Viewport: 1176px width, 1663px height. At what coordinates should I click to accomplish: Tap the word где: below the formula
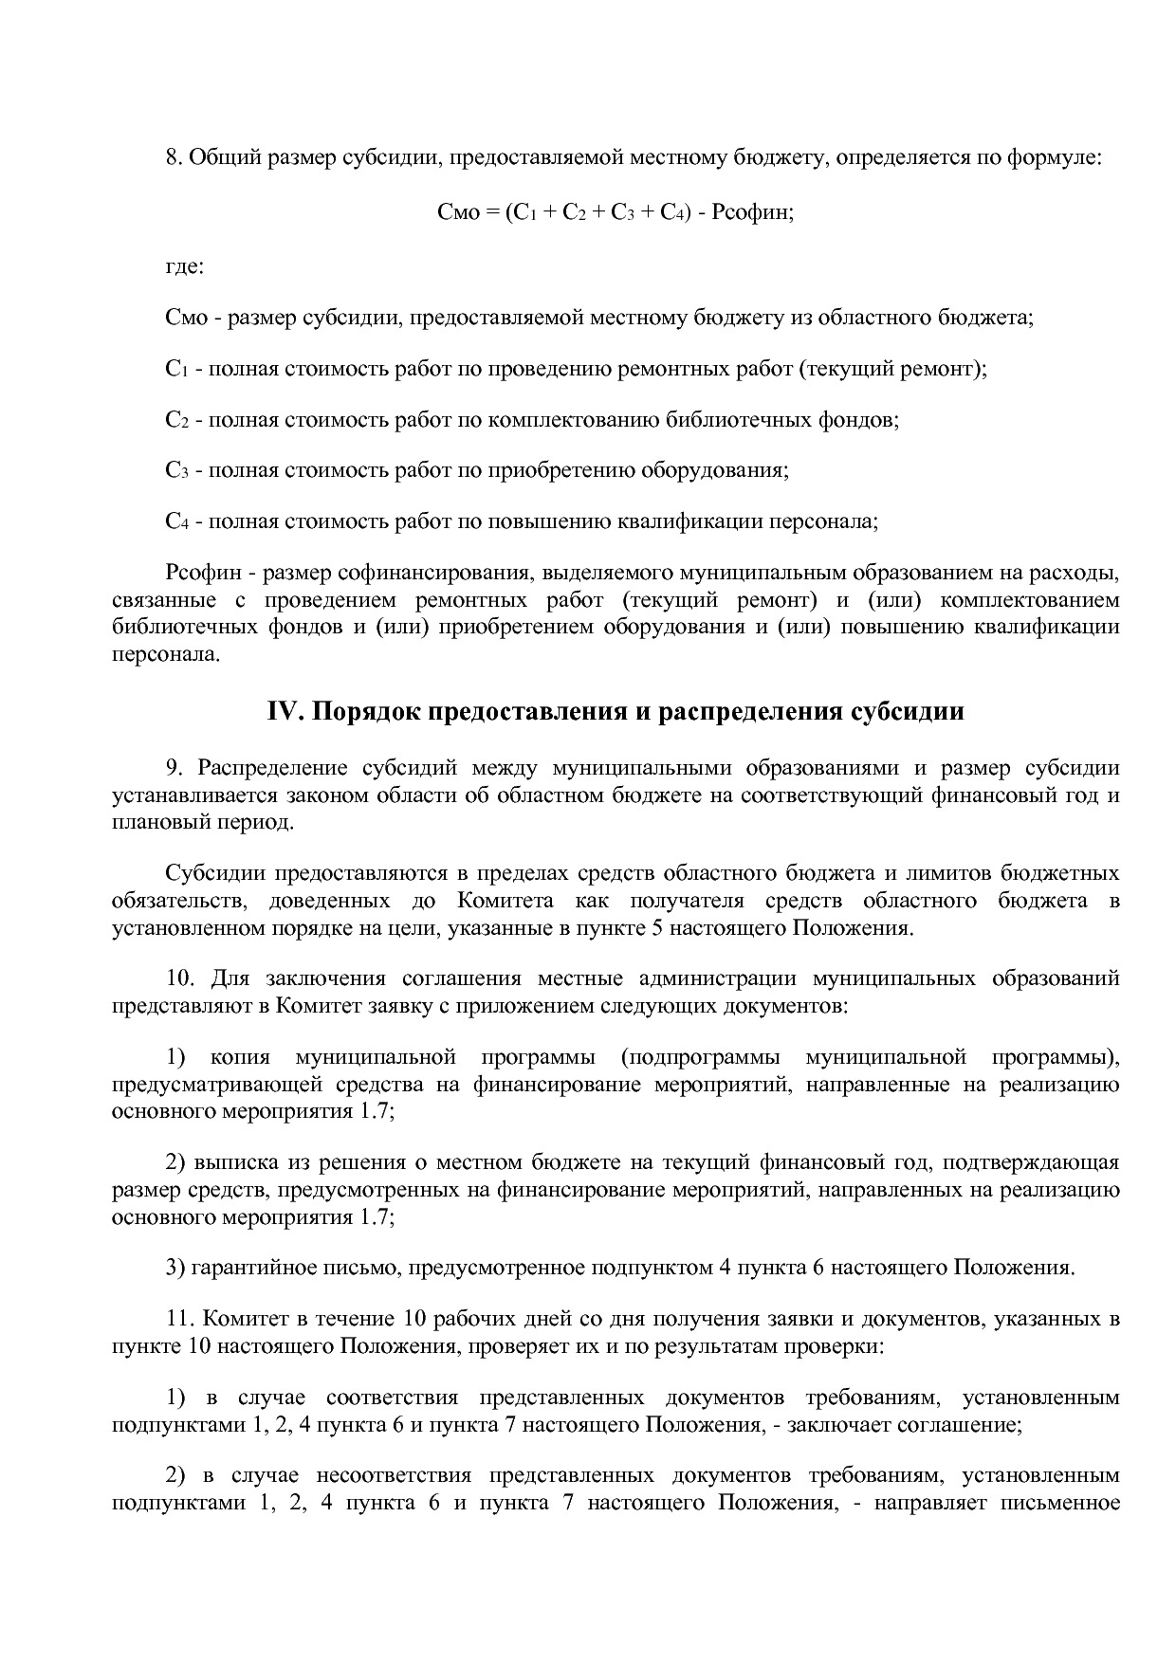tap(184, 266)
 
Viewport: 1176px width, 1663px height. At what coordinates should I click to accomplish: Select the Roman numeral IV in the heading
tap(283, 712)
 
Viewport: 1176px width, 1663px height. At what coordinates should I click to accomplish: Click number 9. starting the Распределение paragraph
tap(172, 768)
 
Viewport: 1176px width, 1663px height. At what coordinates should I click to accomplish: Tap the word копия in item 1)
tap(240, 1057)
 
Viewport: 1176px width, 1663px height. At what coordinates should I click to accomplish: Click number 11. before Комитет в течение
tap(178, 1319)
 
